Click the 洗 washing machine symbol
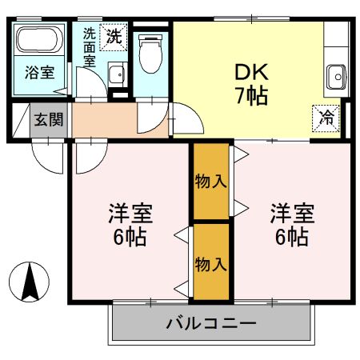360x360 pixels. coord(115,35)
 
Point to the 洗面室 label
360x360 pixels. coord(89,49)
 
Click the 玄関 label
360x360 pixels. coord(45,121)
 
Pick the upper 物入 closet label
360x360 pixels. coord(211,181)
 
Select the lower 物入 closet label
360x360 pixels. coord(211,262)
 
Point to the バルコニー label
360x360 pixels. coord(210,324)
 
